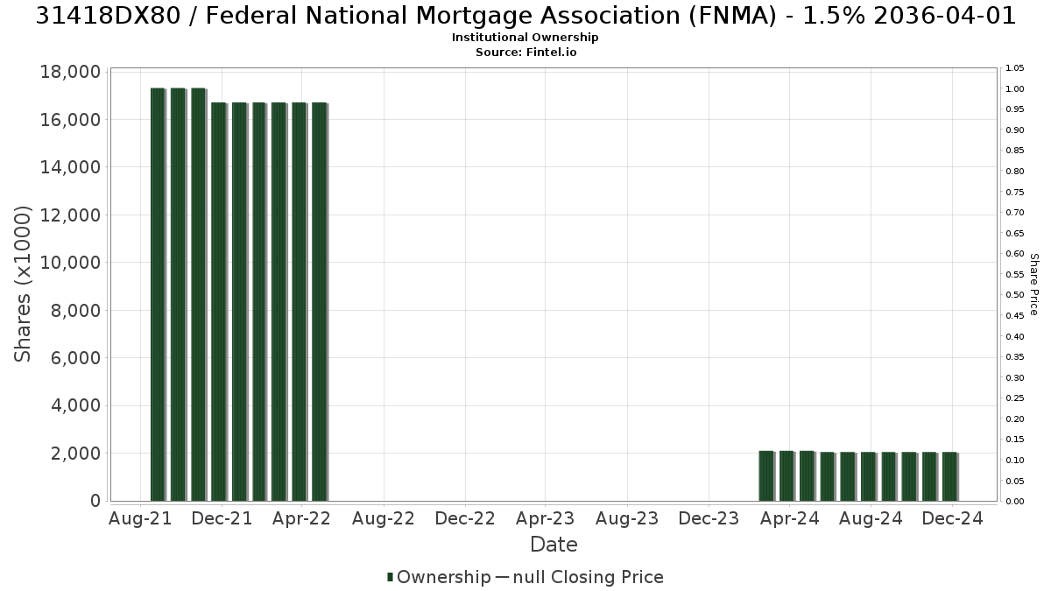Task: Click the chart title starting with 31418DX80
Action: [x=525, y=16]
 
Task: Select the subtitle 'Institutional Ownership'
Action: [x=525, y=38]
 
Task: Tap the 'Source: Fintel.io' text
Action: [x=526, y=52]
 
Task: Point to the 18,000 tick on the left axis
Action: [x=70, y=72]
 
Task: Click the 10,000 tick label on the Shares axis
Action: [x=70, y=263]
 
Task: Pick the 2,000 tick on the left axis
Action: [x=76, y=454]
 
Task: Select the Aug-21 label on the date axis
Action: [x=140, y=518]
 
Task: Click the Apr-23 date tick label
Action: [x=545, y=518]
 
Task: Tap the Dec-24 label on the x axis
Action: [x=952, y=518]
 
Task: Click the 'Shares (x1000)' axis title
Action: [x=22, y=284]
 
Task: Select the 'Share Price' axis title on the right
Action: [x=1033, y=285]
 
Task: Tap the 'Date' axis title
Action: [x=554, y=545]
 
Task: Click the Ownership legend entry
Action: [x=439, y=577]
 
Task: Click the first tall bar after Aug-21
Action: [x=159, y=294]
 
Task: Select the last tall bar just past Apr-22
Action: [x=320, y=301]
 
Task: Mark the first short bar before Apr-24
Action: [x=766, y=476]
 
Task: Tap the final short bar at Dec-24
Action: [x=950, y=476]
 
